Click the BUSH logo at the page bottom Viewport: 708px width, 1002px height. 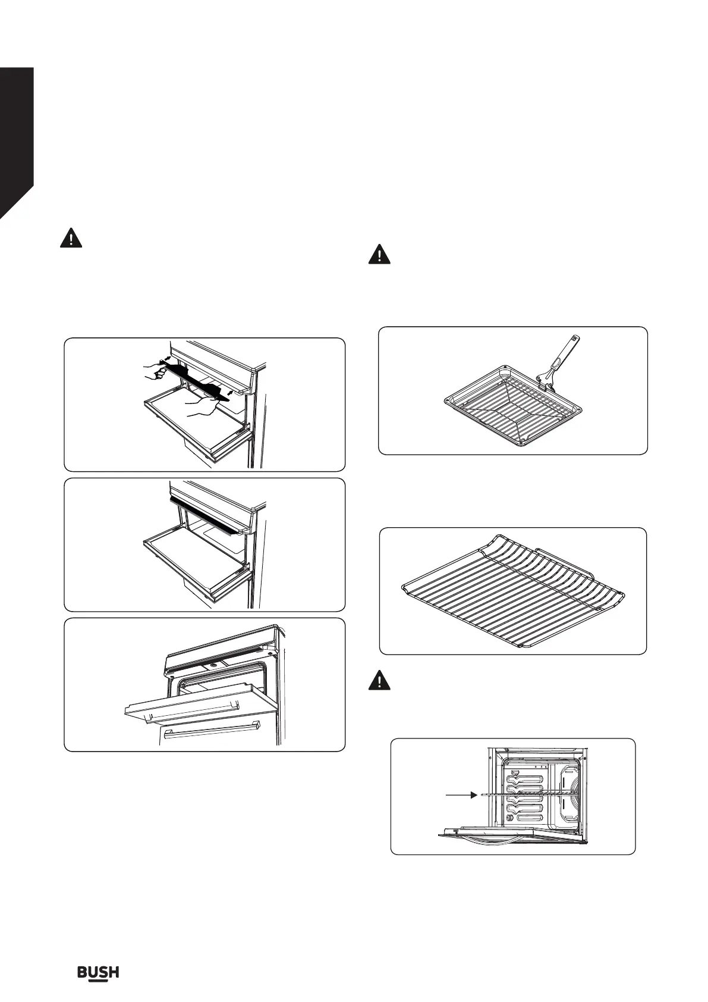point(98,972)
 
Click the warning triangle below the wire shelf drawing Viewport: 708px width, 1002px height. point(379,680)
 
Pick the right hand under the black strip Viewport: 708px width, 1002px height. point(201,408)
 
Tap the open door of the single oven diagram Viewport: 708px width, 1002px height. point(511,838)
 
